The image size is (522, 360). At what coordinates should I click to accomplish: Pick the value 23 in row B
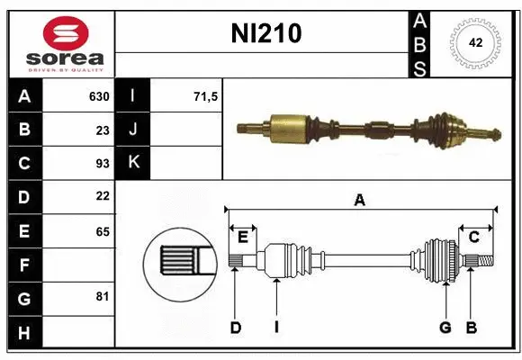coord(103,130)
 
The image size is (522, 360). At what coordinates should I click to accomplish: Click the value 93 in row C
coord(103,163)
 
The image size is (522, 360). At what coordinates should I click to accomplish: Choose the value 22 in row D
coord(103,195)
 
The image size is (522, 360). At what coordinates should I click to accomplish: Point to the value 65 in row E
coord(103,230)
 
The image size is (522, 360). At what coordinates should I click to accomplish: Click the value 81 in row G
coord(103,296)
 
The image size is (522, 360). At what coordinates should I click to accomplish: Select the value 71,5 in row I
coord(206,96)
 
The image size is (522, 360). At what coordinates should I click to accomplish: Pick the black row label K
coord(133,163)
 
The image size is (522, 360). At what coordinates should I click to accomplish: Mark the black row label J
coord(133,130)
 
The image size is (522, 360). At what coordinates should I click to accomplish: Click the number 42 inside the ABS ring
coord(475,42)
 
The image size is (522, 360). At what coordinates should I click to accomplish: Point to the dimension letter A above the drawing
coord(359,200)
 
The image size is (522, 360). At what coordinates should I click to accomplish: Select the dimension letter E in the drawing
coord(243,236)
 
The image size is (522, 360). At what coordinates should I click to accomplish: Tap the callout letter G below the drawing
coord(445,328)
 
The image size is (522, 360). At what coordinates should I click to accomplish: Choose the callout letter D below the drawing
coord(235,328)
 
